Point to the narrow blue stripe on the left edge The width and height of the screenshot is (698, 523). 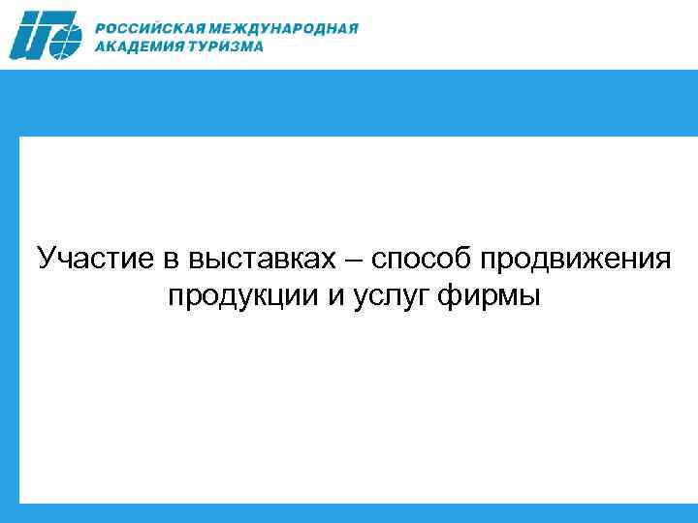pos(9,320)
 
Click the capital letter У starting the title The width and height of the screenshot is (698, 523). pos(47,260)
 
